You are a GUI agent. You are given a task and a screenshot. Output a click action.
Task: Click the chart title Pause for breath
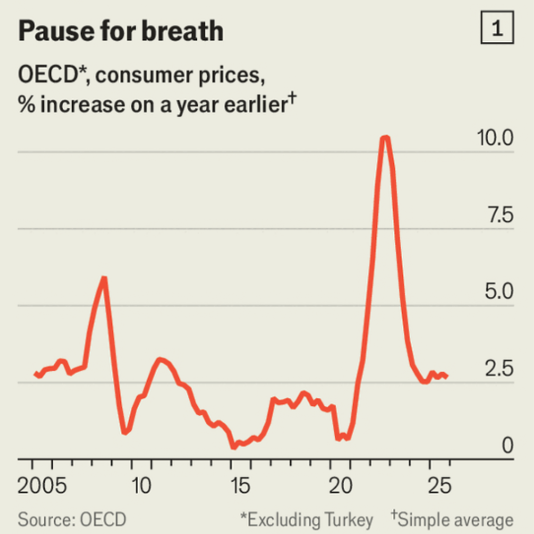(121, 31)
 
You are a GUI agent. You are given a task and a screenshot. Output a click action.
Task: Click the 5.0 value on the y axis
(498, 292)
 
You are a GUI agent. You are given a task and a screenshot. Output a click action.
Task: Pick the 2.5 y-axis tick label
(498, 369)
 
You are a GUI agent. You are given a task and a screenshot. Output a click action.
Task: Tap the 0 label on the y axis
(507, 446)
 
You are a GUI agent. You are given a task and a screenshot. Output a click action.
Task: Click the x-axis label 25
(440, 486)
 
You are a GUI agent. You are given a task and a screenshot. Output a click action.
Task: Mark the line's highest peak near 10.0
(385, 138)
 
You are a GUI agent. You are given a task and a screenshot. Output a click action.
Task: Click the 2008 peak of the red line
(103, 278)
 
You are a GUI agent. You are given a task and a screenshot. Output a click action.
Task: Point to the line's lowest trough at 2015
(233, 446)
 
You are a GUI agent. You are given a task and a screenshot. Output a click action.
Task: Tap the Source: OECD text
(72, 520)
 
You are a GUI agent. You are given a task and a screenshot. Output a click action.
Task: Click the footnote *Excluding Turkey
(306, 520)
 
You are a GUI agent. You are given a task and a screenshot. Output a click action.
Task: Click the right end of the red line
(446, 376)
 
